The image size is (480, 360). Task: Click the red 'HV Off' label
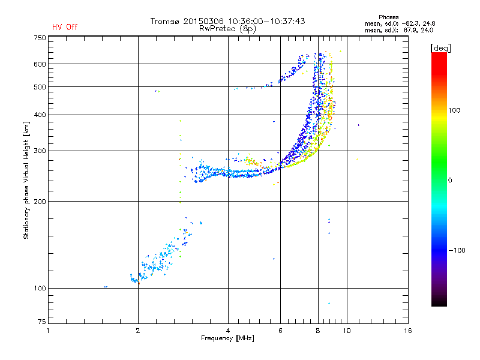coord(65,27)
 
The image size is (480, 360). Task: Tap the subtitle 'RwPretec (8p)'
coord(227,29)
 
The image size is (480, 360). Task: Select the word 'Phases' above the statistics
coord(388,17)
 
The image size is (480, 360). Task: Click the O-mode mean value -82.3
coord(410,23)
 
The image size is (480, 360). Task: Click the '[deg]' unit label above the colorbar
coord(440,48)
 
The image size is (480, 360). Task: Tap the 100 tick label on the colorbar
coord(454,110)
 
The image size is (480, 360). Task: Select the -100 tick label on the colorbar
coord(457,250)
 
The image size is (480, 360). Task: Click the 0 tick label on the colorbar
coord(450,181)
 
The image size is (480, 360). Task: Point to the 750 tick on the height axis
coord(40,38)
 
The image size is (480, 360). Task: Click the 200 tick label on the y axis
coord(40,202)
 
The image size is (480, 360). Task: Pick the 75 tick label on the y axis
coord(42,322)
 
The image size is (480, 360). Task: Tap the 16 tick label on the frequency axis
coord(408,331)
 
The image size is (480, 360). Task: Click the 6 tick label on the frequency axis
coord(280,331)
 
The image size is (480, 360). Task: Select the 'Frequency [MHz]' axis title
coord(227,338)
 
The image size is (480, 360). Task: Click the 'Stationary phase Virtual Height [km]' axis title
coord(26,181)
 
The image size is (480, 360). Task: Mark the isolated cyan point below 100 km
coord(329,304)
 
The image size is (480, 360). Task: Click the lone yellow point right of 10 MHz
coord(357,159)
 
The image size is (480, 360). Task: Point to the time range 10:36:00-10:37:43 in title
coord(266,21)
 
